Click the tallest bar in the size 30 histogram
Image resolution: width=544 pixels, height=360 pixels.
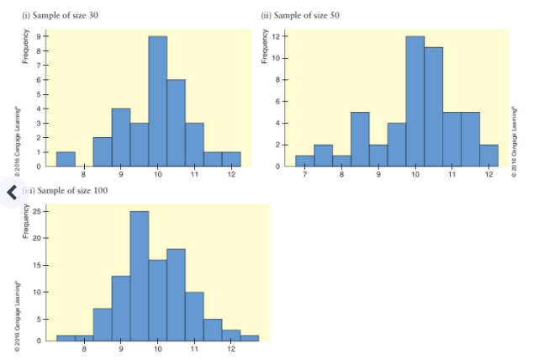(157, 101)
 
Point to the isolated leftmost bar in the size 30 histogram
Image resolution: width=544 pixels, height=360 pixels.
(66, 159)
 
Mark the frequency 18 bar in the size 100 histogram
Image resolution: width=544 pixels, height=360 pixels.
(176, 294)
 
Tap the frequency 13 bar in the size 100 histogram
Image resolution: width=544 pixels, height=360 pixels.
(120, 308)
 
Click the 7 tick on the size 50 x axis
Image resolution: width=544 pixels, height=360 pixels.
(304, 175)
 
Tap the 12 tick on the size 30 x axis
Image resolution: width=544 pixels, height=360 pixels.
(230, 175)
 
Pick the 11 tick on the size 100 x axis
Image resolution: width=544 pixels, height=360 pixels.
(194, 347)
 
